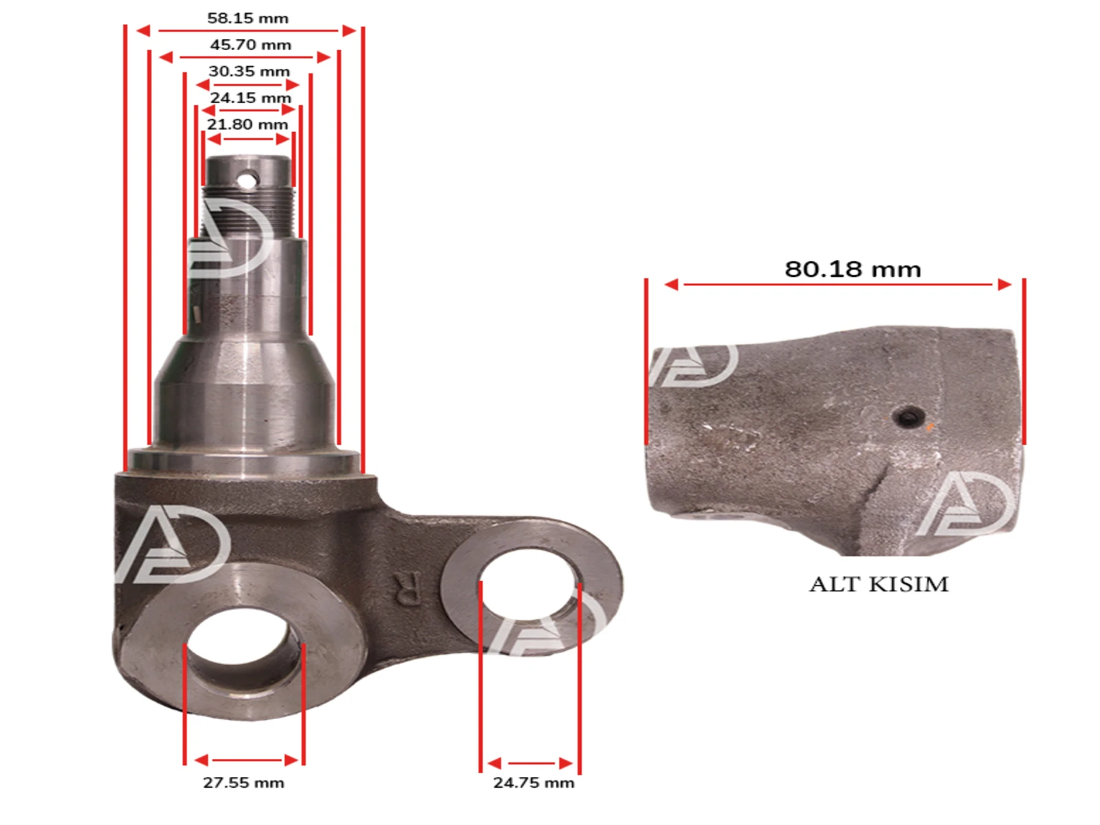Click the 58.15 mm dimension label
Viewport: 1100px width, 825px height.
click(x=248, y=19)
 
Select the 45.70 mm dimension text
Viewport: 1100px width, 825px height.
click(x=250, y=45)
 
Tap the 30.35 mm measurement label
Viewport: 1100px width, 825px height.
click(x=249, y=71)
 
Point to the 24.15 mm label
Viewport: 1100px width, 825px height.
click(x=250, y=98)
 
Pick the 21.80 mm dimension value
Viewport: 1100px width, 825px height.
click(x=247, y=124)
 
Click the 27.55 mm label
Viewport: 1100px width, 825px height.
click(x=243, y=782)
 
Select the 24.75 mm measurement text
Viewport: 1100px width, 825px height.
click(x=533, y=782)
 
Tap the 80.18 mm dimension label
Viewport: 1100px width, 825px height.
click(x=853, y=269)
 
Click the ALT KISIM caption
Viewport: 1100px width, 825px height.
click(x=879, y=584)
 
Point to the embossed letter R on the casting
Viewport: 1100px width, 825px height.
click(x=405, y=588)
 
